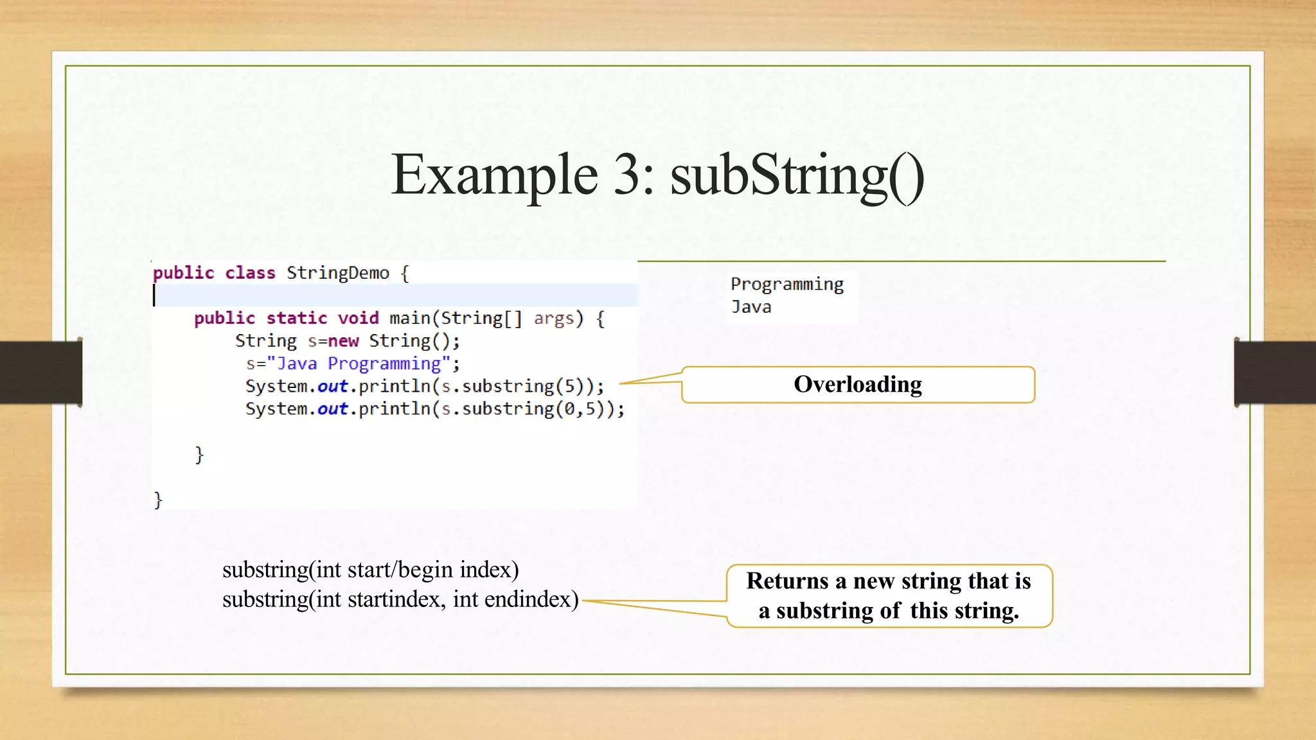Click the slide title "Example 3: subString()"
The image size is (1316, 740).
pyautogui.click(x=657, y=175)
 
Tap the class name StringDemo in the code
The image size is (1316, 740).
pyautogui.click(x=337, y=273)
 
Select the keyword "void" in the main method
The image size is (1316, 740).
pyautogui.click(x=358, y=318)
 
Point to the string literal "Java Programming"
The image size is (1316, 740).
pyautogui.click(x=358, y=364)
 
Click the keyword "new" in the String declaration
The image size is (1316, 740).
pyautogui.click(x=342, y=341)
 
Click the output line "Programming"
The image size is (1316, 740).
pyautogui.click(x=787, y=285)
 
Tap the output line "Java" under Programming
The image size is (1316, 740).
pyautogui.click(x=751, y=307)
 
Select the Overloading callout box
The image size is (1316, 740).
pyautogui.click(x=857, y=385)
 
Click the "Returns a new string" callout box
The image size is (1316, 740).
pyautogui.click(x=889, y=595)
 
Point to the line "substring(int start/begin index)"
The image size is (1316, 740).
pyautogui.click(x=370, y=570)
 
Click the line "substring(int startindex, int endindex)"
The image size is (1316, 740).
pyautogui.click(x=400, y=599)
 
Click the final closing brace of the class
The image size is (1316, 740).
pyautogui.click(x=158, y=500)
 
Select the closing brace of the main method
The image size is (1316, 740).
pyautogui.click(x=199, y=455)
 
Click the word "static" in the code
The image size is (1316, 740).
pyautogui.click(x=296, y=318)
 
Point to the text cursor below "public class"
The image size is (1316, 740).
pyautogui.click(x=154, y=295)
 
